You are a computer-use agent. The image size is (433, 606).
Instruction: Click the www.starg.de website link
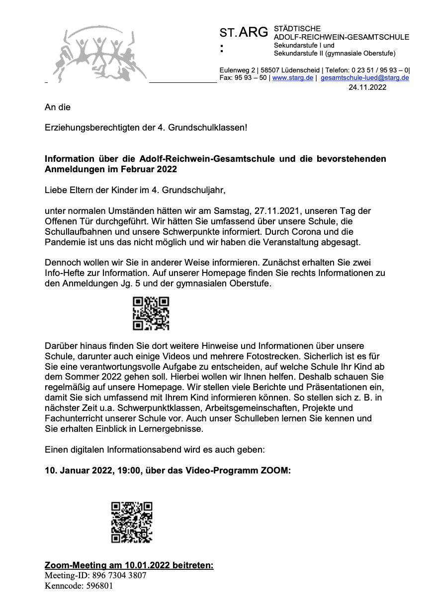tap(293, 78)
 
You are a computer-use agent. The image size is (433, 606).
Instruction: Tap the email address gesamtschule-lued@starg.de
tap(365, 78)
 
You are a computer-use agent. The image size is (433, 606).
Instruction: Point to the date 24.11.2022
tap(367, 87)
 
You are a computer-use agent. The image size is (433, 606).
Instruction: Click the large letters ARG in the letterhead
tap(254, 33)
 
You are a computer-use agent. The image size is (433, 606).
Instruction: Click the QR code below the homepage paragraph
tap(151, 313)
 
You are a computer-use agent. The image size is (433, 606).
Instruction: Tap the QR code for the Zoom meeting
tap(131, 522)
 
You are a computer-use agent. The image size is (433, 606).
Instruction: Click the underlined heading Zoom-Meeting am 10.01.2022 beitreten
tap(129, 565)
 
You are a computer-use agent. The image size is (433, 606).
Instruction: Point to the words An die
tap(58, 107)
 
